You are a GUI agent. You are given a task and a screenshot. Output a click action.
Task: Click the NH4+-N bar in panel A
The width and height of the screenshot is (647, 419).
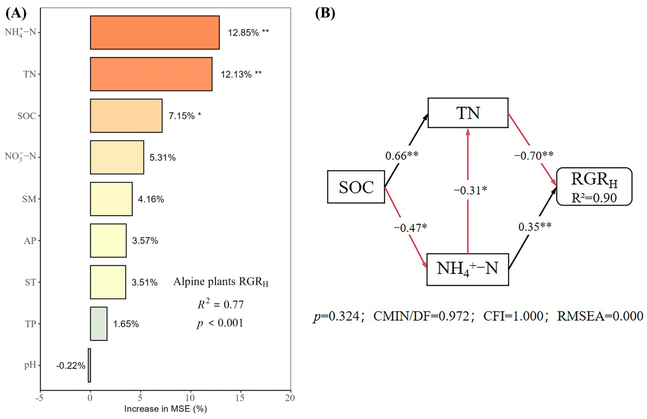pos(155,32)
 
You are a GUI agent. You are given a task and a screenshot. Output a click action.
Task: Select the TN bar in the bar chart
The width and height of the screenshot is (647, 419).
pos(151,74)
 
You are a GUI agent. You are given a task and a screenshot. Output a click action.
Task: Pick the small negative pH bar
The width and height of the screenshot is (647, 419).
pos(89,365)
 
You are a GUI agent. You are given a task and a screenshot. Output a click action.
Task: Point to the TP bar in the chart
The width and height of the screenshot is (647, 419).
pos(99,324)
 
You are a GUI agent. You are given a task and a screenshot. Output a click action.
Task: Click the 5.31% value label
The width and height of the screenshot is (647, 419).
pos(162,158)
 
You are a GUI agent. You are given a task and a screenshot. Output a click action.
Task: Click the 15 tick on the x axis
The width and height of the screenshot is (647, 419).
pos(240,398)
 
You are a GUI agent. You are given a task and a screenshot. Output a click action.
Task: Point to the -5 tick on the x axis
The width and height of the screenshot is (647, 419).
pos(40,398)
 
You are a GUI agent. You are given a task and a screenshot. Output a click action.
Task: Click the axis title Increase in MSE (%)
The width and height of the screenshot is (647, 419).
pos(165,409)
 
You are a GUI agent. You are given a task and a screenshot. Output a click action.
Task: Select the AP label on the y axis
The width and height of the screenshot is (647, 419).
pos(30,241)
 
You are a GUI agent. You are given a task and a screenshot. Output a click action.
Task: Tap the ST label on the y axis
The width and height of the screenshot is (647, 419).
pos(30,282)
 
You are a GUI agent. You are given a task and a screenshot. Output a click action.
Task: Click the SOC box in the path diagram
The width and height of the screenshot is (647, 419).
pos(356,187)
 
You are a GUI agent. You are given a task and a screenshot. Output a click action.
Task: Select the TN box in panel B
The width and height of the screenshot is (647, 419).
pos(468,113)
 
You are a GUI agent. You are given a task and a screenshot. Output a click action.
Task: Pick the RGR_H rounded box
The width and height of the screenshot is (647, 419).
pos(594,186)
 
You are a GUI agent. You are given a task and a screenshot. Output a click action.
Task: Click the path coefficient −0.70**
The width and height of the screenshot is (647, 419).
pos(534,156)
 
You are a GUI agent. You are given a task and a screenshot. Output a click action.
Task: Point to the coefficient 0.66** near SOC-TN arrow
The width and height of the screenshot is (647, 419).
pos(402,156)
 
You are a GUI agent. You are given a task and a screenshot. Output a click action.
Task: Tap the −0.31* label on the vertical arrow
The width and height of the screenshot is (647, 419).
pos(470,190)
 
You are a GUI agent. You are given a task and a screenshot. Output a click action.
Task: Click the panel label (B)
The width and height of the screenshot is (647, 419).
pos(325,13)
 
